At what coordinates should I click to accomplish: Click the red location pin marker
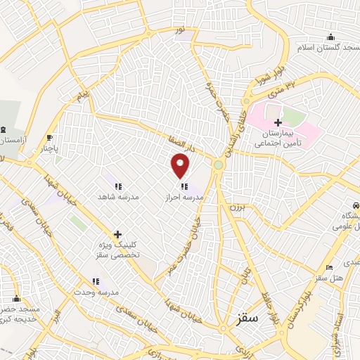click(x=181, y=165)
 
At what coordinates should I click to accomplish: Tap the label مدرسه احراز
click(x=184, y=198)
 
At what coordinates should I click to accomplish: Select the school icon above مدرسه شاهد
click(x=119, y=187)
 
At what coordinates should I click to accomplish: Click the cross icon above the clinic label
click(x=117, y=234)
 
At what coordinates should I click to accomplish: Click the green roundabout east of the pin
click(x=219, y=165)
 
